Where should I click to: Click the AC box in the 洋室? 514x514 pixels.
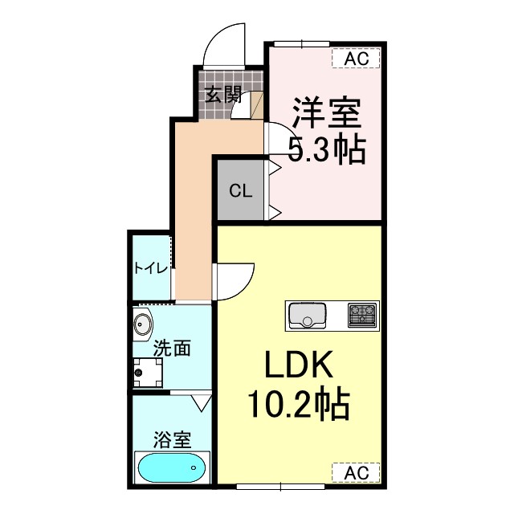(x=356, y=58)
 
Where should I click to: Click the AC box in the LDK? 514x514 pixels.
(x=356, y=472)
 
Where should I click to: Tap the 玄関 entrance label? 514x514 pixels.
(x=222, y=95)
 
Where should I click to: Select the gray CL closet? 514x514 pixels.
(x=241, y=191)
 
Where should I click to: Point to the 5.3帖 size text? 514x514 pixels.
(x=327, y=149)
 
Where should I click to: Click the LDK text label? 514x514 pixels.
(x=299, y=369)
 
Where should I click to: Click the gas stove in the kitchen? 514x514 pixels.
(x=362, y=315)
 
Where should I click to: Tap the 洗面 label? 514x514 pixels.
(x=172, y=349)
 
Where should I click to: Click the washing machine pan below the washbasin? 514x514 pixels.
(x=148, y=373)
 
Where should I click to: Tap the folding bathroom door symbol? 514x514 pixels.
(x=201, y=398)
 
